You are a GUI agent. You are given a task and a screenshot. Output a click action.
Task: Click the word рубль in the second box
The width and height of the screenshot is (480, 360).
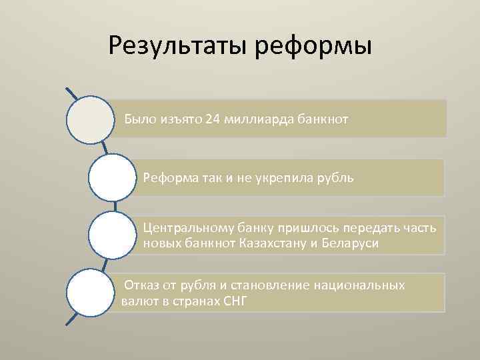(337, 178)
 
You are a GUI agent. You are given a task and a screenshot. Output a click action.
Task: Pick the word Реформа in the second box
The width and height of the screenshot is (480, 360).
(167, 178)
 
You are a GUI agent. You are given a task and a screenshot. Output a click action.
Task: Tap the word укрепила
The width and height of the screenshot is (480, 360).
(287, 178)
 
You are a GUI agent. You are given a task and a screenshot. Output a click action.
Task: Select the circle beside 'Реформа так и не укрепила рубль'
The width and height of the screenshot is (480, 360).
(112, 178)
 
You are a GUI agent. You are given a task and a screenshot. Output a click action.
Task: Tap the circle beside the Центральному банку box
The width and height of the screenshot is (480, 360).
(112, 235)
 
